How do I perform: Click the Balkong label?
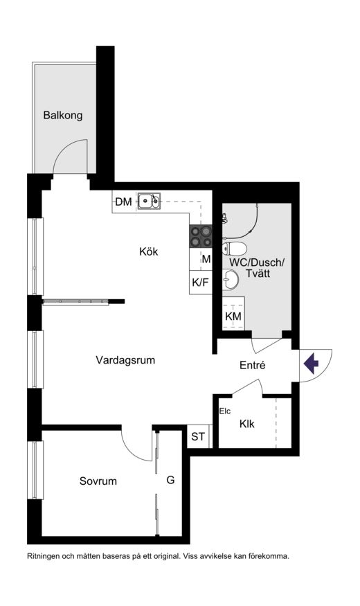[62, 115]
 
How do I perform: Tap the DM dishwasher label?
[124, 202]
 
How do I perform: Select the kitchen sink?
[149, 201]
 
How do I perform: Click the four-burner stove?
[201, 236]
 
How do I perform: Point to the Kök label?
[149, 251]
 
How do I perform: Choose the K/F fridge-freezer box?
[201, 283]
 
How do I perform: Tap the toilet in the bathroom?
[234, 248]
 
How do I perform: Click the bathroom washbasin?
[231, 279]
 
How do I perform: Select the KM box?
[233, 317]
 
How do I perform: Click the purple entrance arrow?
[311, 364]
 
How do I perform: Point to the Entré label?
[253, 365]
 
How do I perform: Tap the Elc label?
[225, 411]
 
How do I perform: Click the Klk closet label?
[247, 424]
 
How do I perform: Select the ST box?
[198, 437]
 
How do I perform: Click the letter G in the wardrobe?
[170, 480]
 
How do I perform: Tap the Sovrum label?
[98, 481]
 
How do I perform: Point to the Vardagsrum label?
[125, 360]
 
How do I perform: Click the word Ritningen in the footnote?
[42, 557]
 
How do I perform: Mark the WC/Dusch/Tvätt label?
[257, 268]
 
